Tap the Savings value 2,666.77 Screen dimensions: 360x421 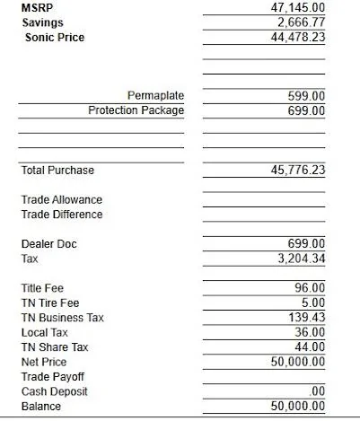[301, 22]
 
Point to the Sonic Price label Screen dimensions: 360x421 [54, 37]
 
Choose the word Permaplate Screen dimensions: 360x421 [156, 95]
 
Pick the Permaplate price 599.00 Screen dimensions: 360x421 [306, 95]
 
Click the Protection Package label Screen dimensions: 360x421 [136, 110]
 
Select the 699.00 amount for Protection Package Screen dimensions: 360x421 [306, 110]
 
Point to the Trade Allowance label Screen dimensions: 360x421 [61, 199]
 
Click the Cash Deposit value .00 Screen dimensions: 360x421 [316, 391]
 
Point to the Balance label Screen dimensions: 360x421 [41, 407]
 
